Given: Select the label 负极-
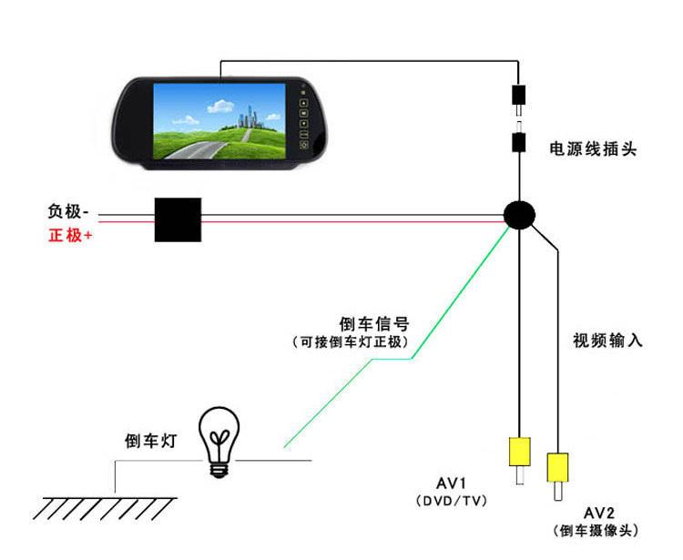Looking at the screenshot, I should tap(69, 212).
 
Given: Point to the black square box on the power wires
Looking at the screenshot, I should tap(178, 219).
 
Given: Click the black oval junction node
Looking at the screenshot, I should tap(520, 215).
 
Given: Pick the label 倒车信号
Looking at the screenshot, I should tap(373, 323).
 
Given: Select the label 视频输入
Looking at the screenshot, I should tap(607, 341).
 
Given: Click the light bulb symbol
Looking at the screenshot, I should tap(219, 441).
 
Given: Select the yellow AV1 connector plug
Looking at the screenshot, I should tap(519, 452).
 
